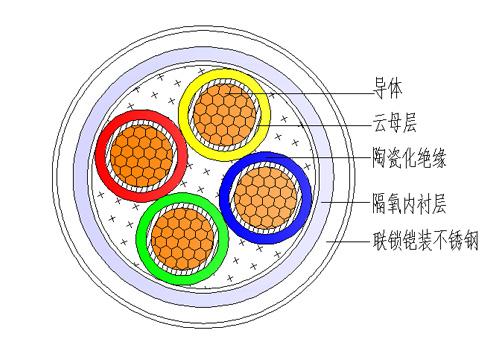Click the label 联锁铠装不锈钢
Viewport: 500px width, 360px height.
421,241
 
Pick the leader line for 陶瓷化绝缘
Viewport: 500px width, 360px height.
340,157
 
